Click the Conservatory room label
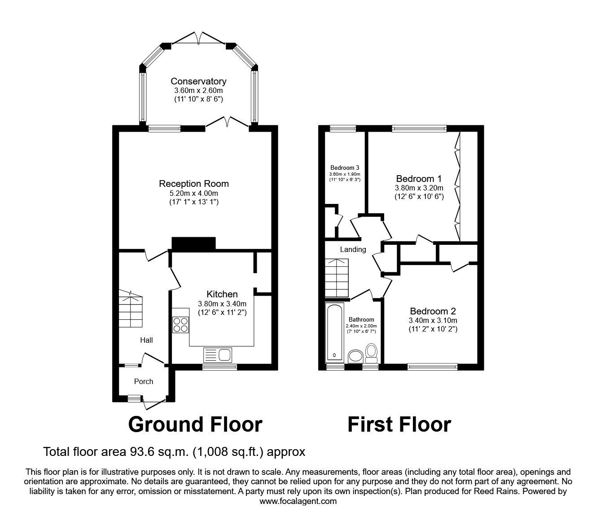pos(198,81)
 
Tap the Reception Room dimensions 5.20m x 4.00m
pos(194,193)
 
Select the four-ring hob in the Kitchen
pos(180,325)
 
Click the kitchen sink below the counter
pos(217,355)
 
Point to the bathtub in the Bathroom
pos(334,333)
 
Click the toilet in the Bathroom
pos(372,354)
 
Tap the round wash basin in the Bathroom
pos(356,357)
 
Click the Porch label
pos(144,381)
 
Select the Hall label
pos(146,340)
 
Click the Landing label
pos(353,249)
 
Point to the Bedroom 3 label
pos(345,168)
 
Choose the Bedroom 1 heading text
pos(419,178)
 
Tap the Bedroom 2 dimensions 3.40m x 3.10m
pos(433,320)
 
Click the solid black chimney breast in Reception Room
pos(194,243)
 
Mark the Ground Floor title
pos(195,424)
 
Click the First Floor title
pos(399,424)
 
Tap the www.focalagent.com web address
pos(298,501)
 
